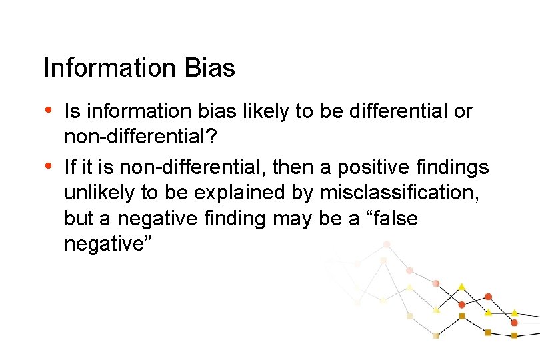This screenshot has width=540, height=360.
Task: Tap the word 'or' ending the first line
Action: point(463,111)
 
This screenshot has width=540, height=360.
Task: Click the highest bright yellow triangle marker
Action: point(461,287)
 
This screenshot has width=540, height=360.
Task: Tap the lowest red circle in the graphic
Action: point(514,323)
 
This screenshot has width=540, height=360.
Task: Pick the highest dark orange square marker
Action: point(461,316)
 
